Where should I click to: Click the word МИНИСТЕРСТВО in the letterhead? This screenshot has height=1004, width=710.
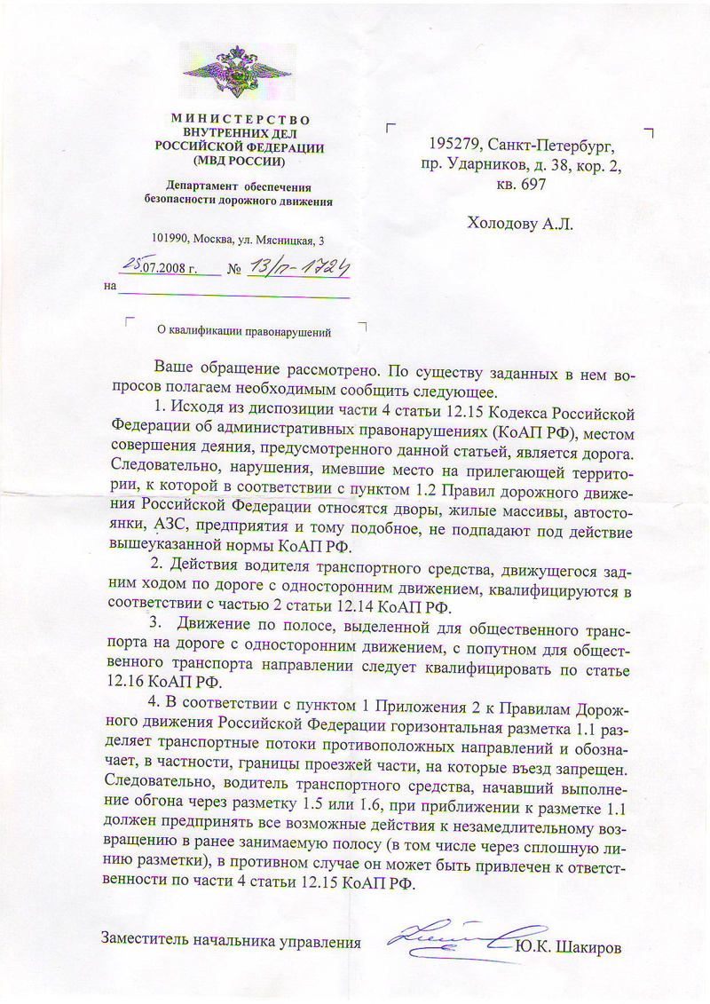(240, 119)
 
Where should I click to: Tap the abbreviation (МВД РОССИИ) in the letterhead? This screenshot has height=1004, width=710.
(240, 162)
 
